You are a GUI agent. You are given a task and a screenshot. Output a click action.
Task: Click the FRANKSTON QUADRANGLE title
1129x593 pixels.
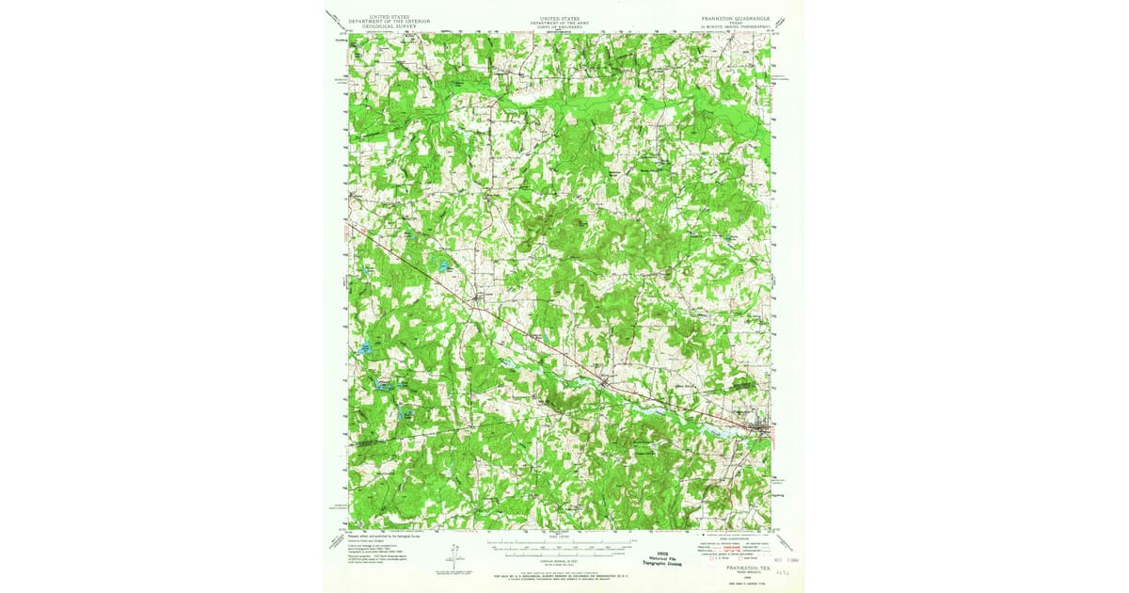pos(735,17)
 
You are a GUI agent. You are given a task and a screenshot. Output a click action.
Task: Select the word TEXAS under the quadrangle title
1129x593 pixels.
pos(735,22)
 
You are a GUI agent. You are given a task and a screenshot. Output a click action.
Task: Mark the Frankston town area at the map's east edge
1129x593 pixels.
pos(762,431)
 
